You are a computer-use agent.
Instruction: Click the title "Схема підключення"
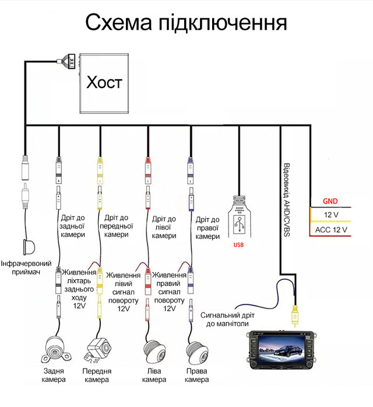point(186,23)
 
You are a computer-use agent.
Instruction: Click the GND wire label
point(330,201)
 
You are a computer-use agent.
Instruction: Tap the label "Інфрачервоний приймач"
point(24,267)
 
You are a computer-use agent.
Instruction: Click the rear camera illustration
point(57,349)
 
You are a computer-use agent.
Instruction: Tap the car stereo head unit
point(279,353)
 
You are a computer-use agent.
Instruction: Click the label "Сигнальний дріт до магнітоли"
point(226,320)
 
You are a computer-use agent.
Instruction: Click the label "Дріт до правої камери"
point(207,228)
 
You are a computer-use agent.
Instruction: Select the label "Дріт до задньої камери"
point(72,226)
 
